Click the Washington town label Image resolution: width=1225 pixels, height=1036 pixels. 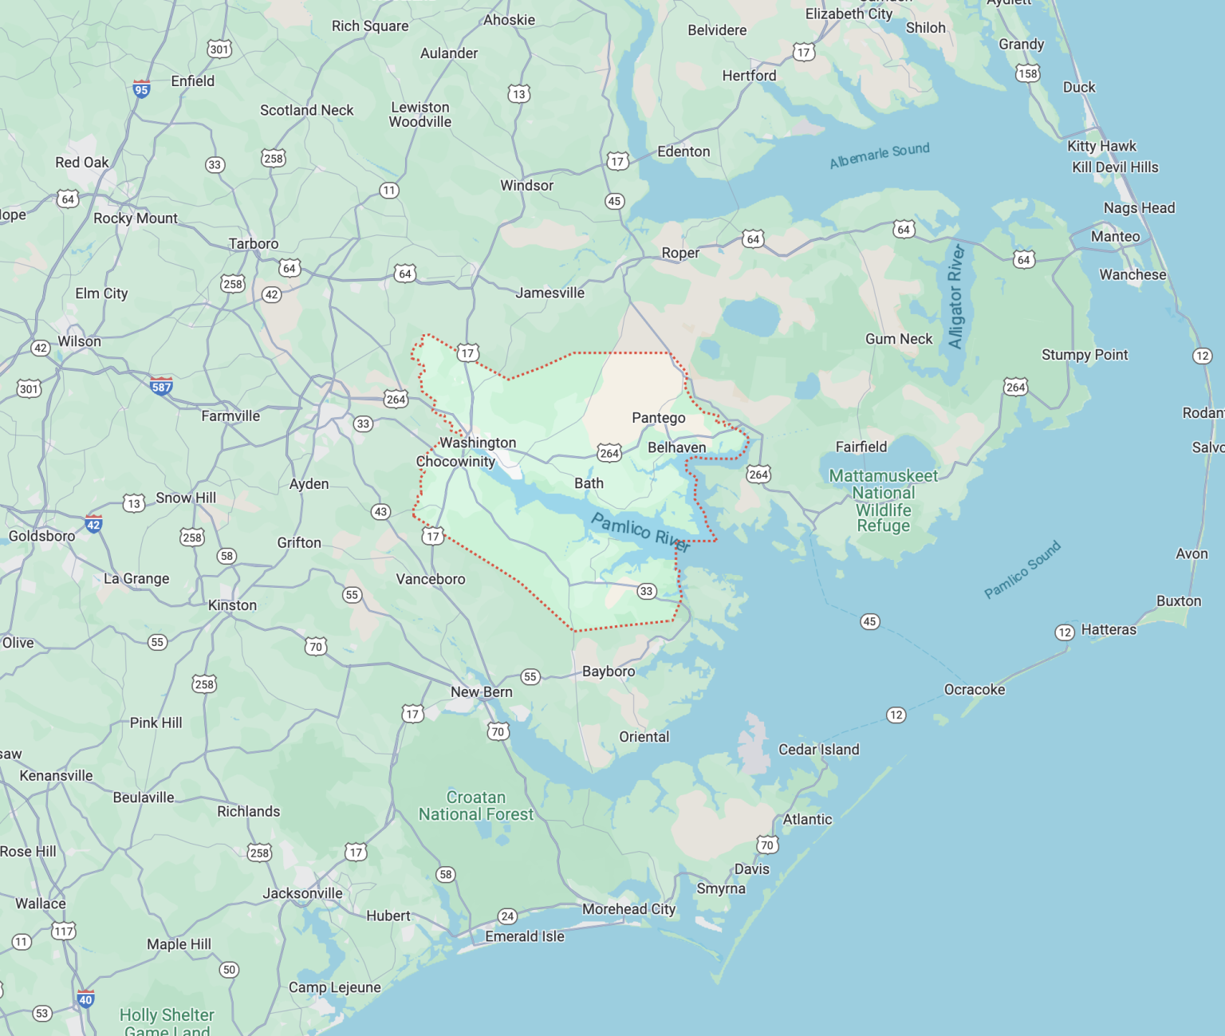pos(478,443)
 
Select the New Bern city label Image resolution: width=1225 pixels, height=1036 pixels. pos(482,692)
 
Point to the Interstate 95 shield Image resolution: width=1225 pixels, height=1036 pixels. pos(141,89)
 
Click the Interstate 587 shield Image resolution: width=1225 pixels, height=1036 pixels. pos(161,387)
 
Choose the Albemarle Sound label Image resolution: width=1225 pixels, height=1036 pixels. pos(880,156)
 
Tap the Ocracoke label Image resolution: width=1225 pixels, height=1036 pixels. pos(975,690)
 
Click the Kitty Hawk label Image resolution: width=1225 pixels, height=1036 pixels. pos(1101,146)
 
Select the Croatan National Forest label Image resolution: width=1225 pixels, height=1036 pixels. pos(476,806)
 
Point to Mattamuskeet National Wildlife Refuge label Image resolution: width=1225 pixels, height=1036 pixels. pos(883,500)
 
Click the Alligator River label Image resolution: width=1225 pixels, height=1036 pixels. pos(955,297)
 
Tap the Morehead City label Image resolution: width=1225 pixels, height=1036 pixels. pos(628,909)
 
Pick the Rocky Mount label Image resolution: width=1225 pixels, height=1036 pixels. pos(136,219)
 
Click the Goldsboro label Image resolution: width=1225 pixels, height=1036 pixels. pos(41,536)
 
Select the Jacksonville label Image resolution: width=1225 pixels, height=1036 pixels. pos(302,893)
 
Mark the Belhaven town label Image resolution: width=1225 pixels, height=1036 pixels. pos(676,447)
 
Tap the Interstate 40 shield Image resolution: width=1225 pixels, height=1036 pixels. pos(85,999)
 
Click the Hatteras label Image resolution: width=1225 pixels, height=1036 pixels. pos(1109,630)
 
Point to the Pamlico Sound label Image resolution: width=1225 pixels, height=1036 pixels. pos(1022,569)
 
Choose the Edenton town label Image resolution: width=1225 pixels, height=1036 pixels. pos(683,152)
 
